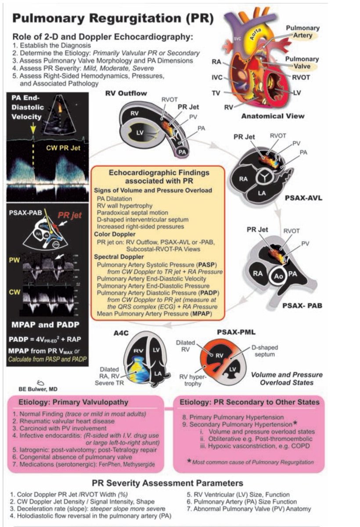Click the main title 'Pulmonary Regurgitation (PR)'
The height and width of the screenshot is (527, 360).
pyautogui.click(x=113, y=18)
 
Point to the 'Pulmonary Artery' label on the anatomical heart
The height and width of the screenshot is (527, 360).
pyautogui.click(x=302, y=32)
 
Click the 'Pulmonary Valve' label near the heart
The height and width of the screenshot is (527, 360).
pyautogui.click(x=302, y=62)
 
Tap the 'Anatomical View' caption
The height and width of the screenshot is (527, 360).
pyautogui.click(x=272, y=116)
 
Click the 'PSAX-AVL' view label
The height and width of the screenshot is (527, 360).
pyautogui.click(x=303, y=198)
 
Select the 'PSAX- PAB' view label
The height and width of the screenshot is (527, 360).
pyautogui.click(x=302, y=304)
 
